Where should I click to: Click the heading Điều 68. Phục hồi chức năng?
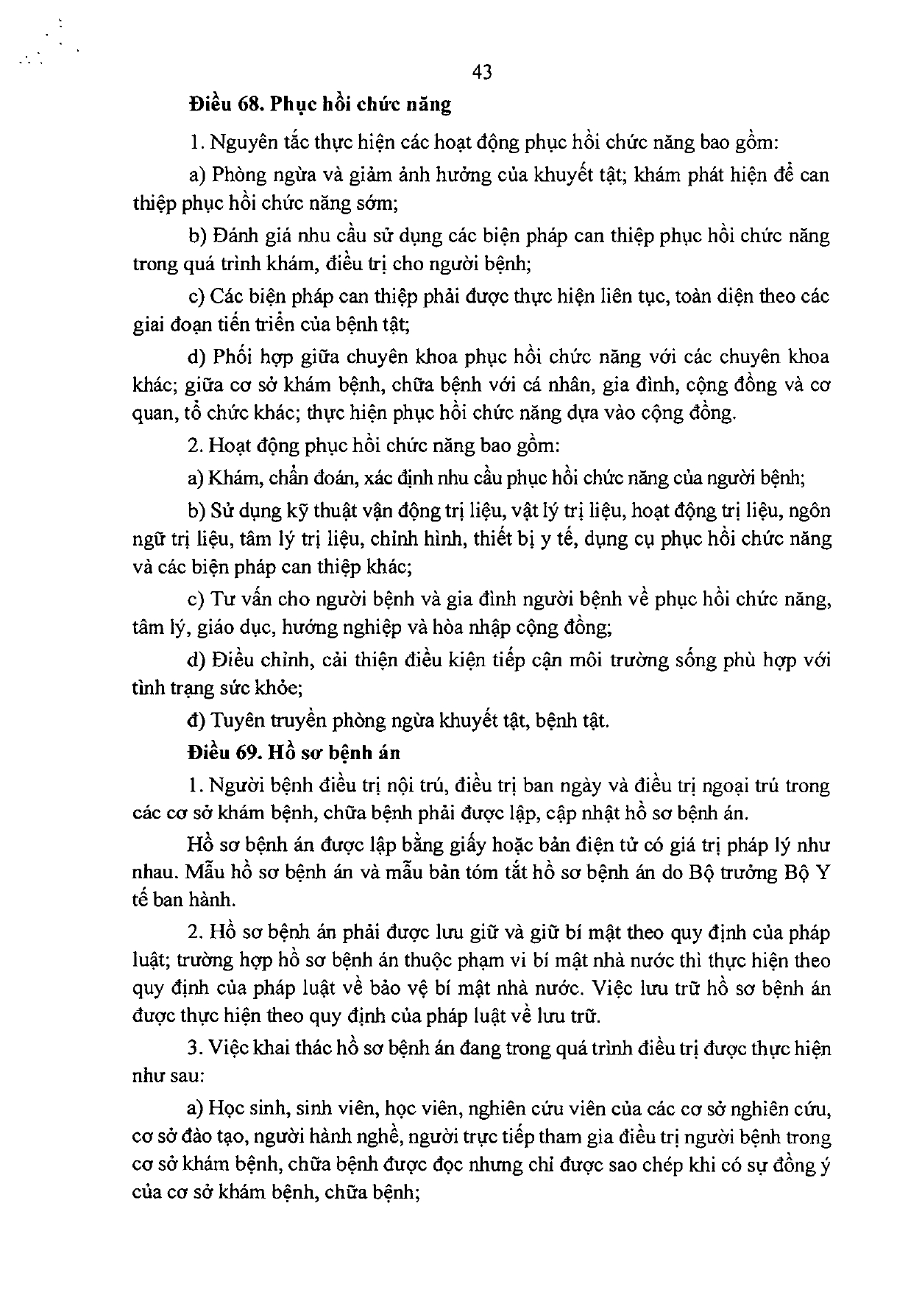[319, 104]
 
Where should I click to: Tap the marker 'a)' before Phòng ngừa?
[196, 175]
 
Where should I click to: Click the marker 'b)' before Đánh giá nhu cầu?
[196, 236]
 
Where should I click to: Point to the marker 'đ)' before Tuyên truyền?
[196, 719]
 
